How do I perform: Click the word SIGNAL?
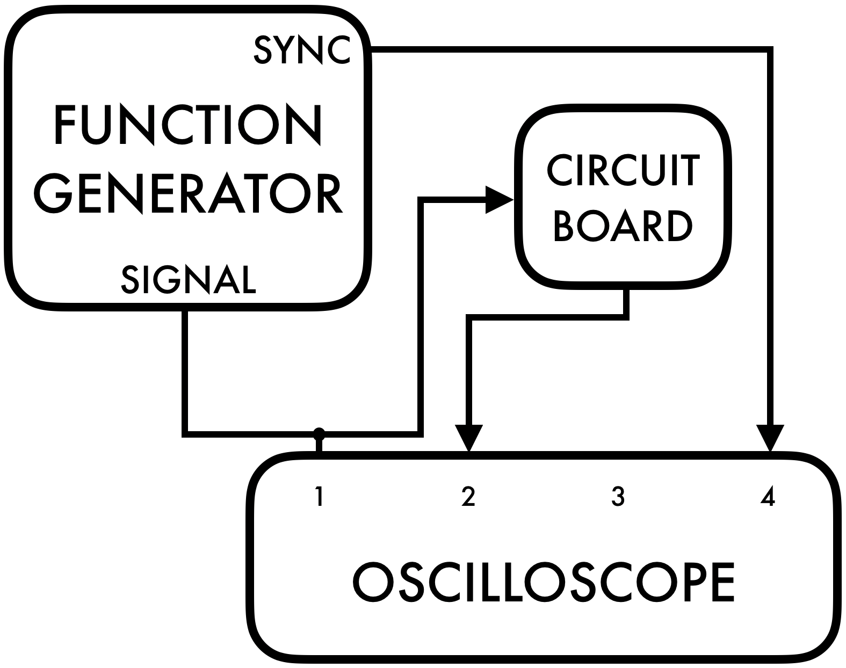coord(189,279)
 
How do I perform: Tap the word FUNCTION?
coord(188,126)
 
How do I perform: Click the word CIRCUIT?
coord(623,171)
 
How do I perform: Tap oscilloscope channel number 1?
coord(319,497)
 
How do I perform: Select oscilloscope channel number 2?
coord(468,497)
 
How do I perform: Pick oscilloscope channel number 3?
coord(618,497)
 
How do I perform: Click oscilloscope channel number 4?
coord(768,497)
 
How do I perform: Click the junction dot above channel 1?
coord(319,432)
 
